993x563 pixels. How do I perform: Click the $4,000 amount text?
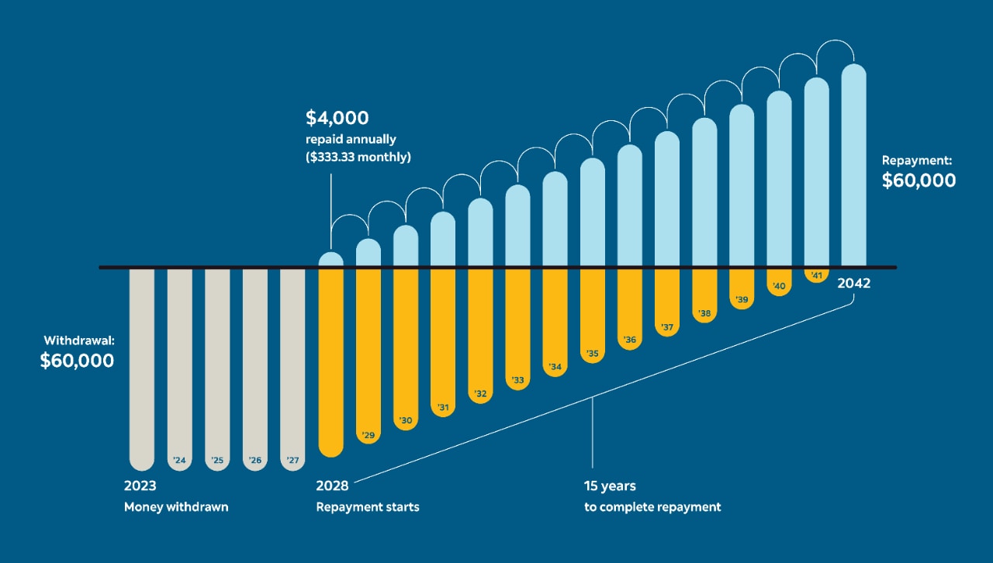coord(337,119)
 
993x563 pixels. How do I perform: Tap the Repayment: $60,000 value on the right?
coord(919,181)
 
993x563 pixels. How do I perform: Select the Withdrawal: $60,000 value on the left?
coord(77,361)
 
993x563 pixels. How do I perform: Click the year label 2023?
coord(140,486)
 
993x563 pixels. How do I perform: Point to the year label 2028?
coord(332,486)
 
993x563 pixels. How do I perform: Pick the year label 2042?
coord(853,284)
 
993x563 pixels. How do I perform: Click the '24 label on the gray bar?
coord(179,461)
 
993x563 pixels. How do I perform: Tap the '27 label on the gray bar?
coord(292,461)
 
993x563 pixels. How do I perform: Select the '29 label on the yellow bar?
coord(368,435)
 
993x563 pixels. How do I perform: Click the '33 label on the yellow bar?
coord(517,381)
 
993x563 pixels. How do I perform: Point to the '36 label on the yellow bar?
coord(629,340)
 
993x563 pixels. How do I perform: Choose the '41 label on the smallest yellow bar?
coord(816,275)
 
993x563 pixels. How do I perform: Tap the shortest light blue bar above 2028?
coord(331,260)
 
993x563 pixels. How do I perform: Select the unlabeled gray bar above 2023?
coord(142,364)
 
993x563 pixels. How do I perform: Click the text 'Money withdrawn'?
coord(176,507)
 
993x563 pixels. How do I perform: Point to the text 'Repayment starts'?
coord(368,507)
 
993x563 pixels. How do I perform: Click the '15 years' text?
coord(610,486)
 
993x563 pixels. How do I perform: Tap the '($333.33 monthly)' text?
coord(358,157)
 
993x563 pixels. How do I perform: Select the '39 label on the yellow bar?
coord(742,299)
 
